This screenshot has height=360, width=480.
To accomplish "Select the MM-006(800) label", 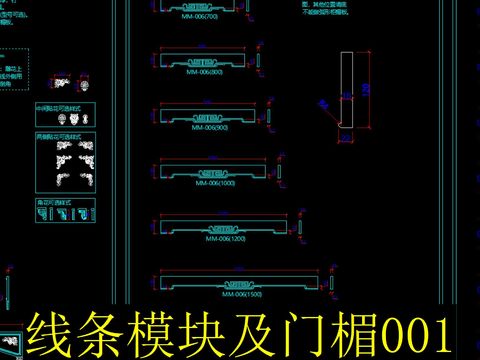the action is pyautogui.click(x=204, y=72).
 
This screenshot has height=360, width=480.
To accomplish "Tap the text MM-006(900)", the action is pyautogui.click(x=208, y=128).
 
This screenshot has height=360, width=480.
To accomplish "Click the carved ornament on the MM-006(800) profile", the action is pyautogui.click(x=204, y=62).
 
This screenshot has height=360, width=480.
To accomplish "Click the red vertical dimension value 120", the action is pyautogui.click(x=365, y=89).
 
